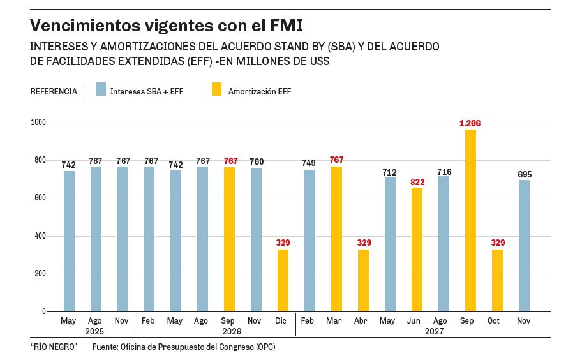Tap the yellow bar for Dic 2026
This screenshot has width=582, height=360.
(x=283, y=280)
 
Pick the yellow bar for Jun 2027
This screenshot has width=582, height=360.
(x=417, y=250)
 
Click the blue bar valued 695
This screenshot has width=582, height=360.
(x=524, y=246)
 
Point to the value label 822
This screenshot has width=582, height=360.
(x=417, y=182)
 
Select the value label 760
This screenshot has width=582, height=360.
(x=256, y=162)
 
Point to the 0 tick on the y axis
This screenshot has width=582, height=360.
(x=44, y=311)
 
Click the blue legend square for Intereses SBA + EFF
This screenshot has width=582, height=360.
(x=101, y=89)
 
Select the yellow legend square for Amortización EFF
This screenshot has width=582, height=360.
(x=217, y=89)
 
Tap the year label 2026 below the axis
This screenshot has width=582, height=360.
(x=231, y=331)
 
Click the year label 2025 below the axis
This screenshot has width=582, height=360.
(x=94, y=331)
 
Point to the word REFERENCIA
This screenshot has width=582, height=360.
(x=54, y=92)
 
